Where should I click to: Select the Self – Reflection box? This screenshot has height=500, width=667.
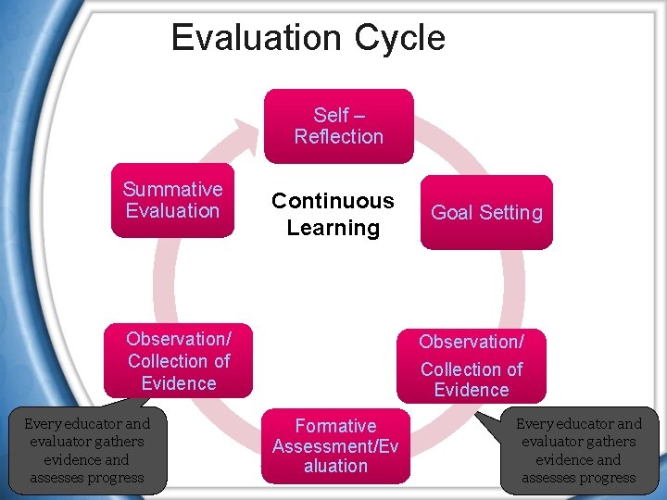point(338,126)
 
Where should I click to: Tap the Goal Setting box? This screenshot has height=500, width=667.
point(486,212)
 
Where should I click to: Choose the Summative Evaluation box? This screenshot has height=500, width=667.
point(172,200)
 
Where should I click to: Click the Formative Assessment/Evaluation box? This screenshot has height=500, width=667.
point(335,445)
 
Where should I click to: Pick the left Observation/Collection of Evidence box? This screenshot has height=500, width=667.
point(178,360)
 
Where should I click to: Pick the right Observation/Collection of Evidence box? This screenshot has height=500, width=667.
point(472,365)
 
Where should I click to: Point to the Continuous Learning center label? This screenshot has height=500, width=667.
point(333,214)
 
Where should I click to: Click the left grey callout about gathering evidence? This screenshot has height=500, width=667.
point(87,451)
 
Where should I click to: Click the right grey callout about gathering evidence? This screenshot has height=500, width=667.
point(579,451)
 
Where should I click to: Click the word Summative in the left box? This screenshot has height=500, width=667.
point(173,189)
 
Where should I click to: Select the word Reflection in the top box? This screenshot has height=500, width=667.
point(339,137)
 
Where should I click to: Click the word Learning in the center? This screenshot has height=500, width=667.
point(333,228)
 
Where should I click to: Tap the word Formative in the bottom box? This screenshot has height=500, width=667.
point(335,426)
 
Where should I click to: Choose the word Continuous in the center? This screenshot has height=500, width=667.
point(333,201)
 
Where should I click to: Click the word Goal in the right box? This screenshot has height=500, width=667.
point(450,212)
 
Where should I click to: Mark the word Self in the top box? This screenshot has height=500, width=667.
point(331,116)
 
